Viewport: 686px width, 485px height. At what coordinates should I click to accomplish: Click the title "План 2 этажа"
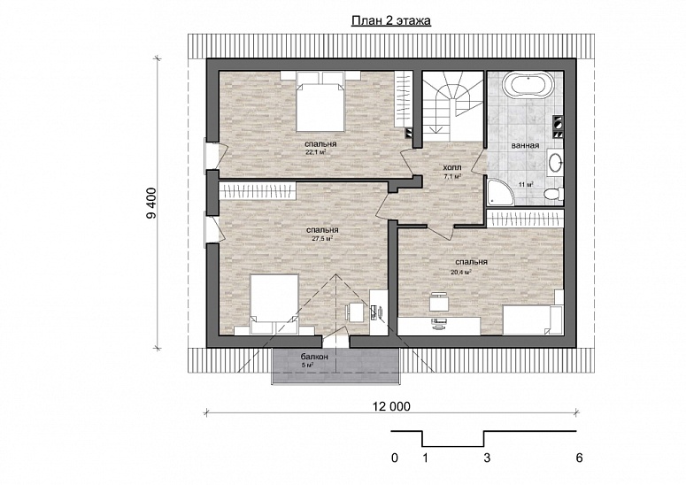[x=391, y=20]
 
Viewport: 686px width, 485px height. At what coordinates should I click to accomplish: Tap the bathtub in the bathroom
[x=528, y=84]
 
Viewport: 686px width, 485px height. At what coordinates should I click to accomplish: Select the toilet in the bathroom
[x=553, y=193]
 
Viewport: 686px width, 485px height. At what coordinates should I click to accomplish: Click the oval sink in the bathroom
[x=556, y=162]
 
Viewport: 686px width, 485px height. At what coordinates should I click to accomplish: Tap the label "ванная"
[x=525, y=145]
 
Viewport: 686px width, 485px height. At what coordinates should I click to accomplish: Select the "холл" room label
[x=452, y=167]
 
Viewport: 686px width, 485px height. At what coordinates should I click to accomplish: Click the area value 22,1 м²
[x=316, y=152]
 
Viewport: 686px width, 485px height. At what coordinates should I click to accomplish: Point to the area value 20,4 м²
[x=460, y=272]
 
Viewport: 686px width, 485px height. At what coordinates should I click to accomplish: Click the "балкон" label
[x=314, y=357]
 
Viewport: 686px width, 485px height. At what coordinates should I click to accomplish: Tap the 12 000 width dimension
[x=391, y=407]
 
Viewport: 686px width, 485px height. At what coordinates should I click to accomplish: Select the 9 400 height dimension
[x=152, y=203]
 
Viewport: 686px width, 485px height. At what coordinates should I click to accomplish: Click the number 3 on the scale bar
[x=487, y=458]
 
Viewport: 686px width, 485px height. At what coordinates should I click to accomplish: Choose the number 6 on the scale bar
[x=580, y=458]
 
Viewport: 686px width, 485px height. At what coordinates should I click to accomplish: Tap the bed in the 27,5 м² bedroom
[x=274, y=304]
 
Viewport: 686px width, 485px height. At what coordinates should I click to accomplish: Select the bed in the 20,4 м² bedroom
[x=533, y=320]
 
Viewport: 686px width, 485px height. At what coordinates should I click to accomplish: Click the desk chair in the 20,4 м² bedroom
[x=439, y=303]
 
